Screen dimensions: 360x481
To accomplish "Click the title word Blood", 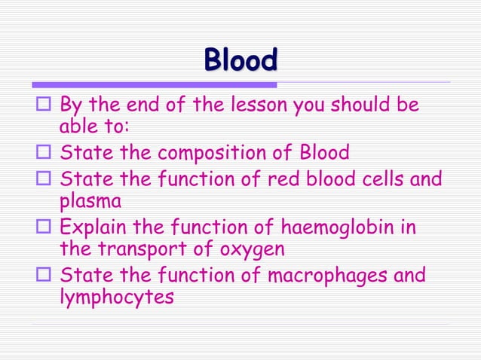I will point(240,60).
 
